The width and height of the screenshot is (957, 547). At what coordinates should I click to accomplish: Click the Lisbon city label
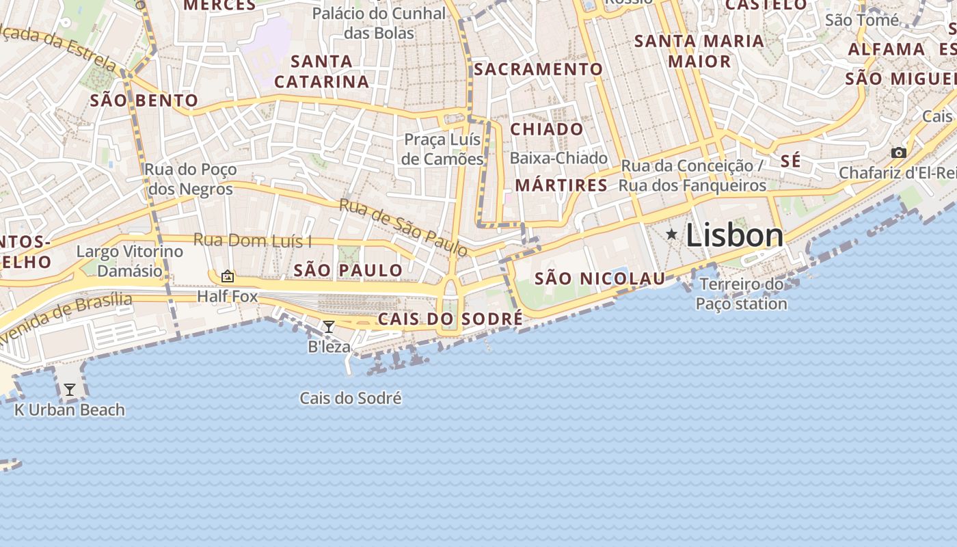[x=735, y=235]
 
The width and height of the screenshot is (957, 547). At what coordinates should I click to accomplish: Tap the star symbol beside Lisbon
[x=672, y=235]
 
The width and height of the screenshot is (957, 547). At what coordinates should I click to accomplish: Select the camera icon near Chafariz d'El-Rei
[x=899, y=152]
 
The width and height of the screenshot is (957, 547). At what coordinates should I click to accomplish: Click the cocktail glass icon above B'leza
[x=329, y=327]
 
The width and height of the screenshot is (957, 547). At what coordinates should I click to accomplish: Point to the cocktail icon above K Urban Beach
[x=69, y=390]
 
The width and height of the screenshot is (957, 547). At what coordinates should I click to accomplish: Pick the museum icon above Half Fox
[x=228, y=276]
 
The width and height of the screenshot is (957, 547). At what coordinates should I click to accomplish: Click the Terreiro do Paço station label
[x=742, y=294]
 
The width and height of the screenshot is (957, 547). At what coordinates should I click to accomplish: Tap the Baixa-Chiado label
[x=558, y=158]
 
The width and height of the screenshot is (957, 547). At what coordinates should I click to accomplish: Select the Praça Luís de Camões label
[x=442, y=149]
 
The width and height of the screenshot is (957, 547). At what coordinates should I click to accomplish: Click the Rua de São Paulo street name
[x=403, y=228]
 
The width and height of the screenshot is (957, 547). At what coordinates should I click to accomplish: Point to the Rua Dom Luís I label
[x=252, y=240]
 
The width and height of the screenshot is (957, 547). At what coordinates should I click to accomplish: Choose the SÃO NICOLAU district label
[x=599, y=278]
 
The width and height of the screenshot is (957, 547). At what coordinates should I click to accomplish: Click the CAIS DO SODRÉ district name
[x=450, y=319]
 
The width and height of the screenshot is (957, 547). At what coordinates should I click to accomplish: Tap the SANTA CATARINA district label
[x=321, y=71]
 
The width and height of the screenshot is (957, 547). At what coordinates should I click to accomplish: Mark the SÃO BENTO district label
[x=144, y=101]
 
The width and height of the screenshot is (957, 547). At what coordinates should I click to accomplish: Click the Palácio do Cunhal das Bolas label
[x=379, y=23]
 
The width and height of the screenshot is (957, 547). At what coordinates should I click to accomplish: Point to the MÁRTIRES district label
[x=561, y=185]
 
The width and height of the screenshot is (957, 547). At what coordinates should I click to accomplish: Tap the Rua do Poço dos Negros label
[x=191, y=179]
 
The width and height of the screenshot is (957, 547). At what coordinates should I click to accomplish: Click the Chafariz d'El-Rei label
[x=897, y=172]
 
